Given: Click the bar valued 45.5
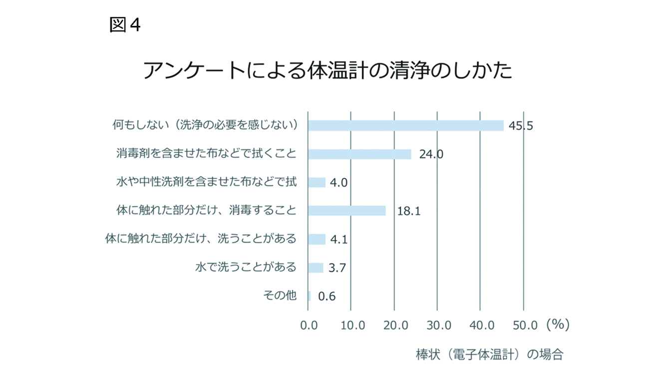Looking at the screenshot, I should (405, 125).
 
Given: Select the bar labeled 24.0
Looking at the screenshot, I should (359, 154).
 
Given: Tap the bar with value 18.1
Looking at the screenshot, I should (346, 210).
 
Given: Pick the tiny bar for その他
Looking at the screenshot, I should (310, 296).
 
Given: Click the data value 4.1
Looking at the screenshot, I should (339, 239).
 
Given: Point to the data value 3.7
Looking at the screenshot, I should (337, 268).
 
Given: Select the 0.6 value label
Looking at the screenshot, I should (327, 296).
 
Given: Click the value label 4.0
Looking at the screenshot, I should (339, 182).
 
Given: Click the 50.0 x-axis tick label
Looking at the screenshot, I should (525, 325).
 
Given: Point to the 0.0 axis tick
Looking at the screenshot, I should (310, 325).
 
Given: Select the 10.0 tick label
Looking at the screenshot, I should (352, 325).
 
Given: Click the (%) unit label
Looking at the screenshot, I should (557, 324).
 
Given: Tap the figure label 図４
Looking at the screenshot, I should (125, 24).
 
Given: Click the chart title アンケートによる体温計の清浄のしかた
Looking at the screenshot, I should (328, 71).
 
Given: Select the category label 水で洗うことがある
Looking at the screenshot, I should (245, 267).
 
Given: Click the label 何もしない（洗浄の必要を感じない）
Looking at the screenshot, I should (205, 125).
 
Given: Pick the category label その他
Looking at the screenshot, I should (280, 295).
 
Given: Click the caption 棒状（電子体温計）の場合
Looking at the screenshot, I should (489, 355).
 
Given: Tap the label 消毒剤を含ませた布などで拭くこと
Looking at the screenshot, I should (206, 153).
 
